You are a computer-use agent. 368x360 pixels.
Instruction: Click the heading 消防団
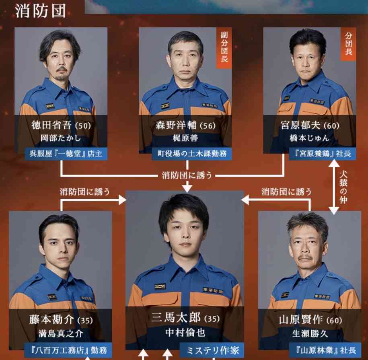tap(40, 11)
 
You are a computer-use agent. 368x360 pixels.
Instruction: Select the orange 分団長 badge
tap(348, 44)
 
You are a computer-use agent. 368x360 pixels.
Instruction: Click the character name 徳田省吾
tap(51, 125)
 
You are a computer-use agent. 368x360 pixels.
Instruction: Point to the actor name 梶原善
tap(185, 138)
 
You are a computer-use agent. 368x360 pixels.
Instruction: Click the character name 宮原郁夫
tap(300, 125)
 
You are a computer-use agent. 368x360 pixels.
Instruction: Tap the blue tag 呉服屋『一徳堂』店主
tap(66, 154)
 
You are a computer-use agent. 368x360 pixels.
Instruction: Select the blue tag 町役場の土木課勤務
tap(192, 154)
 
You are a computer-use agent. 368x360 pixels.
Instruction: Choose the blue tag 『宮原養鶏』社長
tap(323, 154)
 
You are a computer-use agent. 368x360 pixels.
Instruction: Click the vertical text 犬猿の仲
tap(343, 187)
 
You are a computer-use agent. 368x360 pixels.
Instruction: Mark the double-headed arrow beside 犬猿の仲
tap(334, 187)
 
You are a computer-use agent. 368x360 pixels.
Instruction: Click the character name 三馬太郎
tap(176, 318)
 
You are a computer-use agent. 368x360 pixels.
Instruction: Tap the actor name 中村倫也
tap(185, 333)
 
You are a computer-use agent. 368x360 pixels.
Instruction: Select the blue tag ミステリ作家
tap(212, 351)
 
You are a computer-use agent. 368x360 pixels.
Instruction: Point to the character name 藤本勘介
tap(51, 320)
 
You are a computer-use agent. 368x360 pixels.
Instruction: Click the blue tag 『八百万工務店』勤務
tap(68, 350)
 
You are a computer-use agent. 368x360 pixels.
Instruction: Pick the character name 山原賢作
tap(301, 320)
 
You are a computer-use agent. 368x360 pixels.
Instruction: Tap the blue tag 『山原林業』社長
tap(325, 350)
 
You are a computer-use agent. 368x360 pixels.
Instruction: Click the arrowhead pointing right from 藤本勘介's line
tap(122, 200)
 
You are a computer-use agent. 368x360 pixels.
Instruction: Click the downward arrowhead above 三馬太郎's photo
tap(187, 188)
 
